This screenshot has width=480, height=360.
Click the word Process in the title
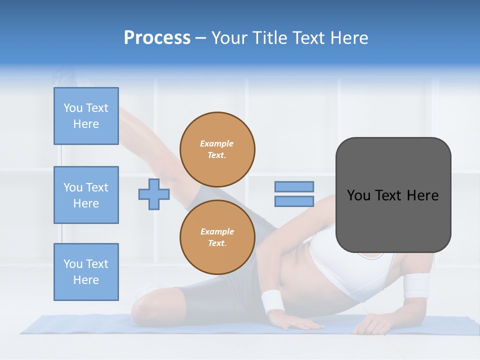click(x=157, y=38)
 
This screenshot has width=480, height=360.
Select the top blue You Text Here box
click(x=86, y=116)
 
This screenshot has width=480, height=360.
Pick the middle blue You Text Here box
click(x=86, y=195)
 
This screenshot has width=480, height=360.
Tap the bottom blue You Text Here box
click(x=86, y=271)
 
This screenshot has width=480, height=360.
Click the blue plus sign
click(x=154, y=194)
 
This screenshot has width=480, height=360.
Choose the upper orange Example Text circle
click(x=217, y=149)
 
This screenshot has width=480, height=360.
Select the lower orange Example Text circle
click(x=217, y=237)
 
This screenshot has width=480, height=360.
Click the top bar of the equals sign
click(x=294, y=186)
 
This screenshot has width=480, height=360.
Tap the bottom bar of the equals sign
click(x=294, y=201)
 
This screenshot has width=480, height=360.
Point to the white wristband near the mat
click(x=272, y=301)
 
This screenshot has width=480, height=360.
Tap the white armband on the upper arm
click(x=416, y=286)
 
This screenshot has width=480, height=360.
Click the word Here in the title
click(x=348, y=38)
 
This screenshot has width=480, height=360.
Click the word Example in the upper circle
click(x=217, y=143)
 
